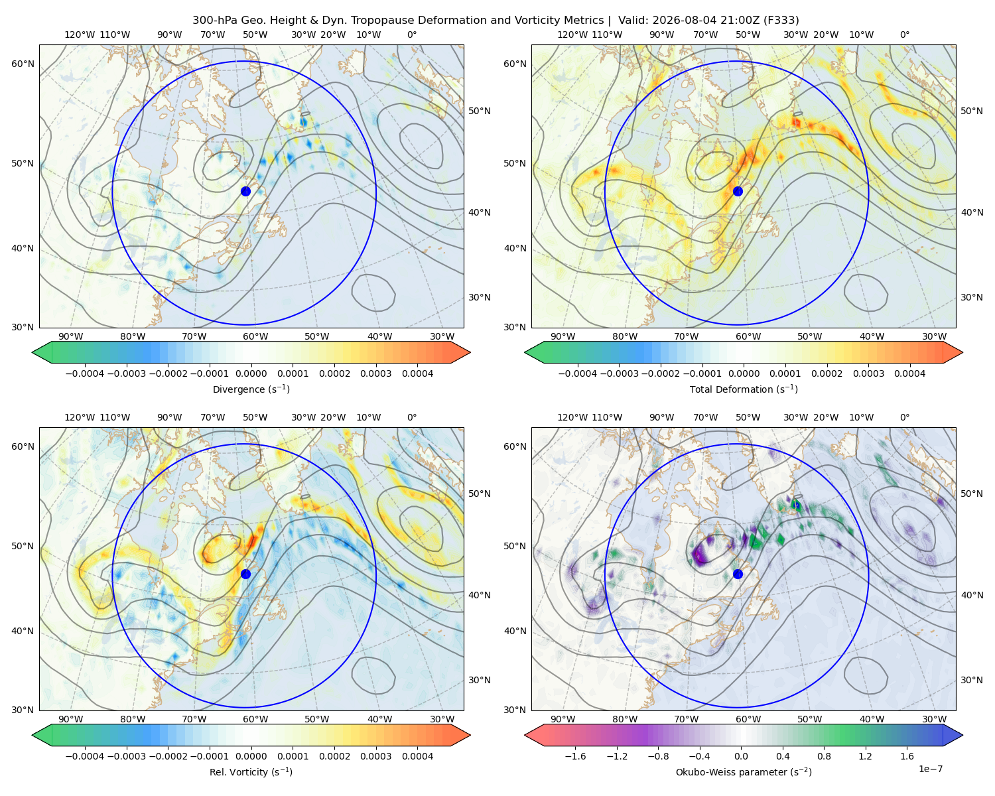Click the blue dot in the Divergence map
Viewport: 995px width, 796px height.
pos(245,191)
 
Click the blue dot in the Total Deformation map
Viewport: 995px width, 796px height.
pos(738,191)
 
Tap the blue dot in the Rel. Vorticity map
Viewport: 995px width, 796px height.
pos(245,574)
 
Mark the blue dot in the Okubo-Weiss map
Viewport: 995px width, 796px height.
pos(738,574)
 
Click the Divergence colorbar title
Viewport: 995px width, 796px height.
pos(251,389)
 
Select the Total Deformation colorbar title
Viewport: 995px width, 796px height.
pos(744,389)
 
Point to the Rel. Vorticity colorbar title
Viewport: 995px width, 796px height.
pos(251,771)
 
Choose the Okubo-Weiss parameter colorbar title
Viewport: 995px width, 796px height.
pos(744,771)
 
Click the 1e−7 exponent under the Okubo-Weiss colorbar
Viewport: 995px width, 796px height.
pos(930,769)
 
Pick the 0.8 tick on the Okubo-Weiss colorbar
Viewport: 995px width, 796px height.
pos(824,756)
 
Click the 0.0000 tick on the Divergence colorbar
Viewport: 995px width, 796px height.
pos(251,373)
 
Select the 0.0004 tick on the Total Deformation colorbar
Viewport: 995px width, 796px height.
pos(909,373)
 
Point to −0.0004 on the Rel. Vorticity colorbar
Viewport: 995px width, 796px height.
pos(85,756)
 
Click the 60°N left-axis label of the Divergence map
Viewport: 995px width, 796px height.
pos(23,64)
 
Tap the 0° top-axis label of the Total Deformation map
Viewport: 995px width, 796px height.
pos(904,34)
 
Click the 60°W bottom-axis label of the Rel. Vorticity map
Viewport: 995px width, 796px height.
pos(255,719)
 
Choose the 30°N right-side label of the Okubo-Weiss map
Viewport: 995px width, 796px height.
pos(971,680)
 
